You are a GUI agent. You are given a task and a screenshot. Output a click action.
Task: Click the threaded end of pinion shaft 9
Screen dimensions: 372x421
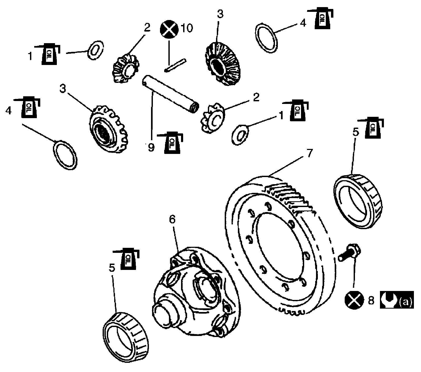(194, 108)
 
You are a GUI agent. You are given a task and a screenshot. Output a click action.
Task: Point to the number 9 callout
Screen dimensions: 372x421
(151, 147)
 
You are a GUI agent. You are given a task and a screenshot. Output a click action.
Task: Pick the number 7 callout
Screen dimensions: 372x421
(310, 153)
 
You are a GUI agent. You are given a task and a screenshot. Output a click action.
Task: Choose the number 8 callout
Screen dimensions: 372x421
(371, 300)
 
